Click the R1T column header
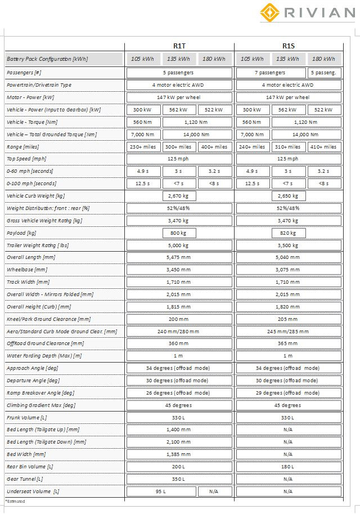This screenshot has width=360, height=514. pos(179,46)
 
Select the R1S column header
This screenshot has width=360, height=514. pos(289,46)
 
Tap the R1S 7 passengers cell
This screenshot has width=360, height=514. pos(271,73)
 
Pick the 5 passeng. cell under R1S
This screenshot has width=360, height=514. pos(323,73)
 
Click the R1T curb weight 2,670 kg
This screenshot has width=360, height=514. pos(179,196)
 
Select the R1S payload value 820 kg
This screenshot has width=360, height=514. pos(289,233)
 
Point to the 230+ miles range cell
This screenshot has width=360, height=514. pos(143,147)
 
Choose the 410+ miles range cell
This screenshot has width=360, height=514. pos(323,147)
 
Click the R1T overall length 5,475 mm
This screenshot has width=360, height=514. pos(179,257)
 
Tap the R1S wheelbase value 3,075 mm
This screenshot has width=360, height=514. pos(289,270)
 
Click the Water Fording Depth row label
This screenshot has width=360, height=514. pos(44,356)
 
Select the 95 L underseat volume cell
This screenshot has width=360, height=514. pos(161,491)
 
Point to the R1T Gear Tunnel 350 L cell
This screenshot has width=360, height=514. pos(179,479)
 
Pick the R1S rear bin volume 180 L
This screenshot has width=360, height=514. pos(289,467)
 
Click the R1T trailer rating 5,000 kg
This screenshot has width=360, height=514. pos(179,245)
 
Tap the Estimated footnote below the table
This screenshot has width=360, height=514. pos(16,501)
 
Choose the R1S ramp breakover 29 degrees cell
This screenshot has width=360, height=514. pos(289,393)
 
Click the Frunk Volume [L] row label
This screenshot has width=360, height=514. pos(27,418)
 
